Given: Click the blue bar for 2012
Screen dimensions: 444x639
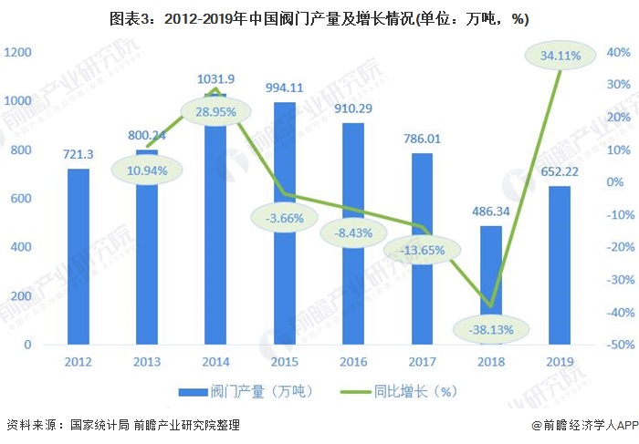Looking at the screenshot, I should coord(79,257).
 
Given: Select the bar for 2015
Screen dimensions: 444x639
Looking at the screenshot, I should coord(285,223).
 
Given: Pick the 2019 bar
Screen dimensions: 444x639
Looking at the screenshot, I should coord(560,265).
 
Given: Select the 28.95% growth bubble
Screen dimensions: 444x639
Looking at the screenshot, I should coord(215,111).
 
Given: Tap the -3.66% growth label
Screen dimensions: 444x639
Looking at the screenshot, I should coord(285,218).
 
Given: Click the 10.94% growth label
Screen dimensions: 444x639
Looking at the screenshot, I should coord(146,170).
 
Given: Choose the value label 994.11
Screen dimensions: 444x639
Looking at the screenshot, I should coord(285,88).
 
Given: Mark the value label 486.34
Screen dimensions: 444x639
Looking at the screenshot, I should coord(491,212).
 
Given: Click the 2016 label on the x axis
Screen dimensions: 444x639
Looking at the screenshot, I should coord(353,362).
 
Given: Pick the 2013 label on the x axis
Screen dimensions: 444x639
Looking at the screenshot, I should coord(147,362).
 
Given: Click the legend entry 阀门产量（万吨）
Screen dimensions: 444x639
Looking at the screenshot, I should coord(246,392).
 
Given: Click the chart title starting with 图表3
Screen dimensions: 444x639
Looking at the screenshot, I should coord(319,18).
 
